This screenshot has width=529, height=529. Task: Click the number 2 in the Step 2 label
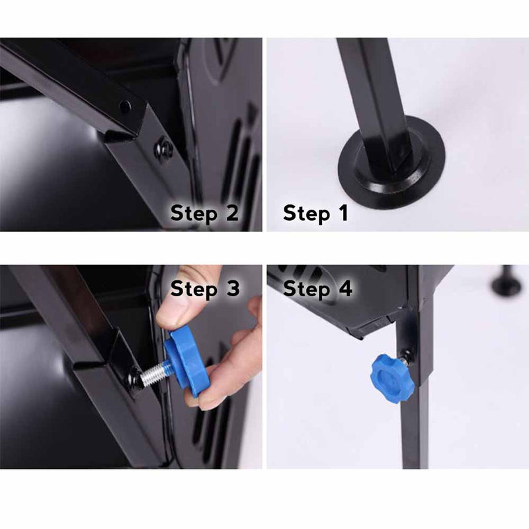click(x=232, y=213)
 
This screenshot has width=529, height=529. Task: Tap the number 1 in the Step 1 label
click(x=343, y=213)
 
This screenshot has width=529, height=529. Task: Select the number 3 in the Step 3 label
click(x=233, y=288)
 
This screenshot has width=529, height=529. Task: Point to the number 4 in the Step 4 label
click(x=345, y=288)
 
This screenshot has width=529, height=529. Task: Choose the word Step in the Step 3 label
click(x=194, y=290)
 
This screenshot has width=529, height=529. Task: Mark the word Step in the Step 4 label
click(x=306, y=290)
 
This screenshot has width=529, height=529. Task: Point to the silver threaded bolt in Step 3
click(x=154, y=373)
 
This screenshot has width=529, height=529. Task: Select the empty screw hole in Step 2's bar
click(x=125, y=106)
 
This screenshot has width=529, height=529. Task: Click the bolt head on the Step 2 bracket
click(x=164, y=150)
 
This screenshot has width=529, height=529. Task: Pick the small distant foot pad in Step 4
click(x=507, y=284)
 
